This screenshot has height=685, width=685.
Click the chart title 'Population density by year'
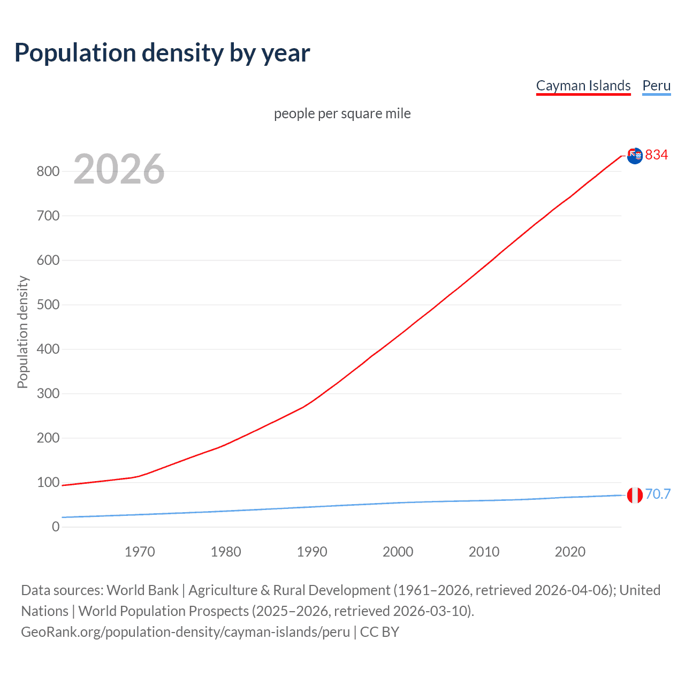pos(162,52)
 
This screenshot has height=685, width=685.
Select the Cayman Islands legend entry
pos(583,86)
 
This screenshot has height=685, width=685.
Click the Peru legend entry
pos(656,86)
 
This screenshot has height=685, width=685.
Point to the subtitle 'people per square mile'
pos(342,113)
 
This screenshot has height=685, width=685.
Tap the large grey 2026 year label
pos(119,169)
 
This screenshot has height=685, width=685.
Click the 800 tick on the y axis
pos(48,171)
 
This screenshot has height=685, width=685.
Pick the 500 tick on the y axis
pos(48,305)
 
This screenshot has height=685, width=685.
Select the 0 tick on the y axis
pos(56,527)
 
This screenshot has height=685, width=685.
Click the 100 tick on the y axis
pos(48,482)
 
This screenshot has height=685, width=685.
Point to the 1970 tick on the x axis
pos(140,552)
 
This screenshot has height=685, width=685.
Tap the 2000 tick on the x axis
pos(398,552)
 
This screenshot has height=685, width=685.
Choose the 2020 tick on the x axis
pos(570,552)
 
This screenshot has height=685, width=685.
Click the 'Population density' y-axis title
pos(22,332)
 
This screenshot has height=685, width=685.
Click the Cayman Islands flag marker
pos(635,156)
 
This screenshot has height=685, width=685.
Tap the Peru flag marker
pos(635,495)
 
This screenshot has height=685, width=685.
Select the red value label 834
pos(656,155)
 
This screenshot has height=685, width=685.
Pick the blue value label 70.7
pos(658,494)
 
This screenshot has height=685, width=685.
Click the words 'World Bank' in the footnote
pos(142,590)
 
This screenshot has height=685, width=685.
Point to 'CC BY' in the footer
pos(379,632)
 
